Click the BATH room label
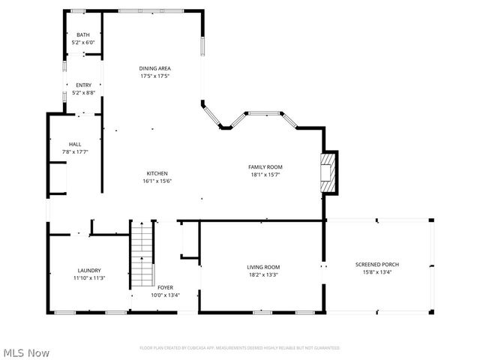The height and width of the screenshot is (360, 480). pos(83,35)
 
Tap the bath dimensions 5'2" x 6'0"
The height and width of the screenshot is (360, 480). pos(83,43)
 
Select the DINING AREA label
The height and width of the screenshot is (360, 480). pos(154,68)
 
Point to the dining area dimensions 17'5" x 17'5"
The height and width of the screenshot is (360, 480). pos(154,76)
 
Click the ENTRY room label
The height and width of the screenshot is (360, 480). pos(83,85)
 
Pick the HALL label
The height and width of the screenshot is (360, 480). pos(75,144)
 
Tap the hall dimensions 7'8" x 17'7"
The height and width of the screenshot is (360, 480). pos(75,151)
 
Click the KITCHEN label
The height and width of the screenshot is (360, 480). pos(157,173)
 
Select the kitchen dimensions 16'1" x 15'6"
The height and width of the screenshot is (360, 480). pos(157,181)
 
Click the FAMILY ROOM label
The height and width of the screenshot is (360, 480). pos(265,166)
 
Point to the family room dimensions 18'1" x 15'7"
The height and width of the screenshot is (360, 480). pos(265,174)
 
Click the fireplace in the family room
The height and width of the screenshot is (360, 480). pos(328,172)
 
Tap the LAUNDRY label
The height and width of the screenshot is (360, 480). pos(89,270)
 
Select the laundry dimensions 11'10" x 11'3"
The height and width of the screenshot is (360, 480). pos(89,277)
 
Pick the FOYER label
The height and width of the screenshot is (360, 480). pos(165,287)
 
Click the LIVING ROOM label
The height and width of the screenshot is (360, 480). pos(263,267)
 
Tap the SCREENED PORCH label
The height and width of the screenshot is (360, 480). pos(377,265)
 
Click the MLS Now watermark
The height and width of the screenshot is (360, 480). pos(26,352)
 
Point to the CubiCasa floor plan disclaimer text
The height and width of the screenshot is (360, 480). pos(240,348)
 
